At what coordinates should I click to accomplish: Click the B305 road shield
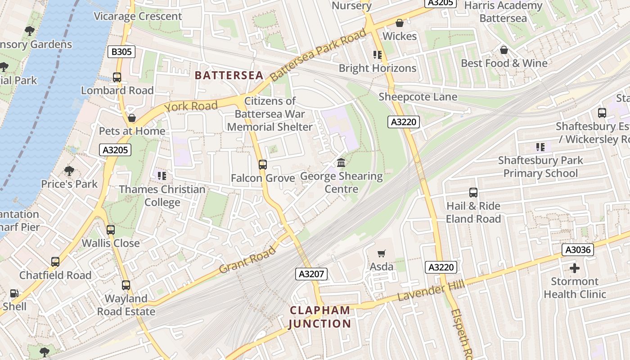(x=121, y=52)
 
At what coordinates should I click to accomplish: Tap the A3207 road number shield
(x=311, y=274)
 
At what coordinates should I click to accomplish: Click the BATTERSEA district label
(x=229, y=76)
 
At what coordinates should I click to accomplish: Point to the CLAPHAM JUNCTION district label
(x=319, y=317)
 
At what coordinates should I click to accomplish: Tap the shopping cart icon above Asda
(x=382, y=254)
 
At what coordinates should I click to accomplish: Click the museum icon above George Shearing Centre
(x=341, y=163)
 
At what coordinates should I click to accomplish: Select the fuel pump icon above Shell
(x=14, y=293)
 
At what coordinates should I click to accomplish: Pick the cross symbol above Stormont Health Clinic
(x=575, y=269)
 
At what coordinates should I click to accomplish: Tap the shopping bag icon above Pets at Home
(x=132, y=118)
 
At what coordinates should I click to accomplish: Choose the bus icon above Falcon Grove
(x=263, y=165)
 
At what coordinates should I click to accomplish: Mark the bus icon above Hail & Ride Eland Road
(x=473, y=193)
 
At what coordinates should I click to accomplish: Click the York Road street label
(x=191, y=107)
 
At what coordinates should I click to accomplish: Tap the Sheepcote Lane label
(x=418, y=97)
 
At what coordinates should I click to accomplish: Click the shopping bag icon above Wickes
(x=400, y=23)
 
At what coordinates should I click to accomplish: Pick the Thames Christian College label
(x=162, y=196)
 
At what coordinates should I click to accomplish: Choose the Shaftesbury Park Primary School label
(x=540, y=166)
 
